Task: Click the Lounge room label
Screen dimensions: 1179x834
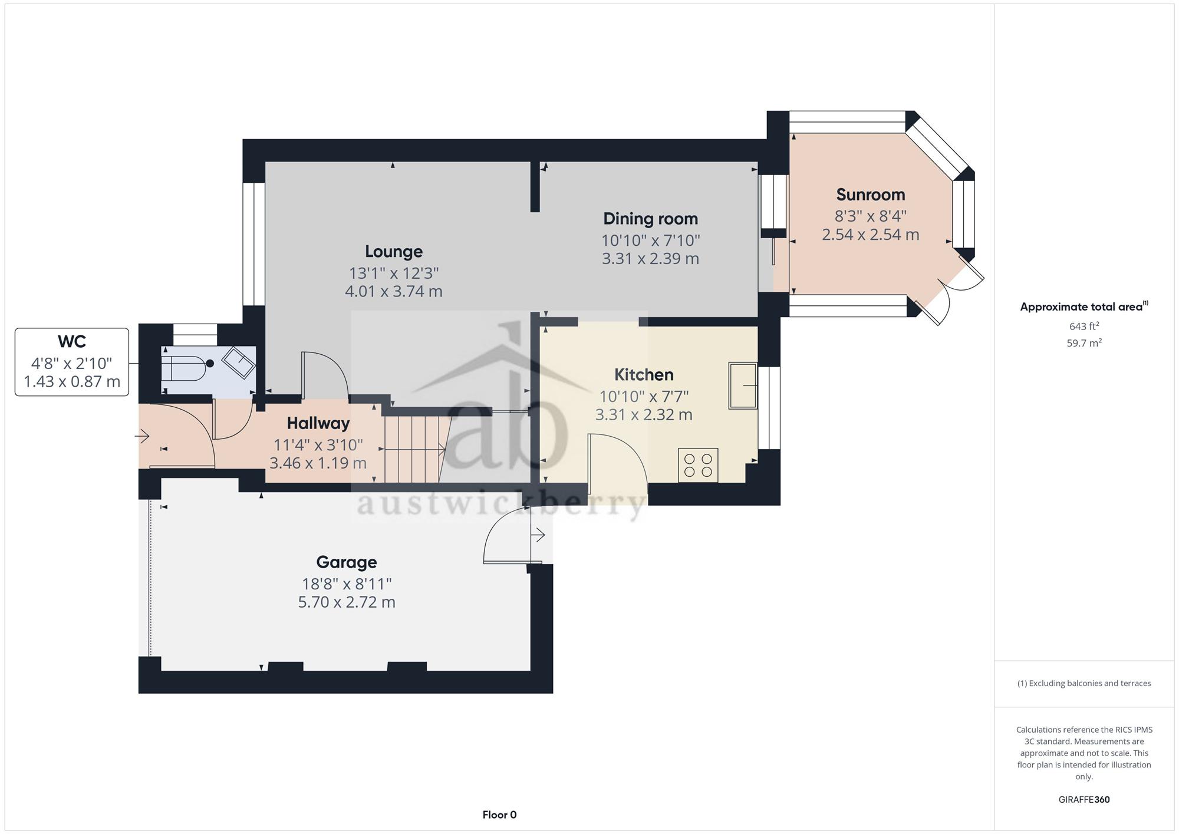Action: (394, 252)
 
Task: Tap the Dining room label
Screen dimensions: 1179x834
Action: (650, 219)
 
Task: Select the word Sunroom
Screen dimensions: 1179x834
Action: (871, 195)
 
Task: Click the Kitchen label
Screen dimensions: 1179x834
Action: (644, 374)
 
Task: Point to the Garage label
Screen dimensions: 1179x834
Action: (347, 562)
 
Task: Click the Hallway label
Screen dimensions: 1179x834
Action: (318, 423)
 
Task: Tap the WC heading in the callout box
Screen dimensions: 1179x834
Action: (72, 341)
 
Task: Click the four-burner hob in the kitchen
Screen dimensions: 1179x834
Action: (698, 465)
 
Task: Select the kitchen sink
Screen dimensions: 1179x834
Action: (743, 385)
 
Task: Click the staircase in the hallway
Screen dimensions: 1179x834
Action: (413, 450)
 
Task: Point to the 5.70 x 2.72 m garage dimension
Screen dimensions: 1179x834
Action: (347, 602)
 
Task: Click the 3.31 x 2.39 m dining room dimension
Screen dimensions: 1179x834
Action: (650, 259)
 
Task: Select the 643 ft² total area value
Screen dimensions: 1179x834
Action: (1084, 326)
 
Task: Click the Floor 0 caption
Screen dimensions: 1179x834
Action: (499, 815)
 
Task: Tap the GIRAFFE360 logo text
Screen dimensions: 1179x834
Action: (1084, 800)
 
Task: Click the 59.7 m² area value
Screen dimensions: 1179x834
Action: (1084, 342)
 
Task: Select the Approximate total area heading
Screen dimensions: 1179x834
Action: (1084, 306)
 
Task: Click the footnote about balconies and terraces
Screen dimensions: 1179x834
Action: (1084, 684)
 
